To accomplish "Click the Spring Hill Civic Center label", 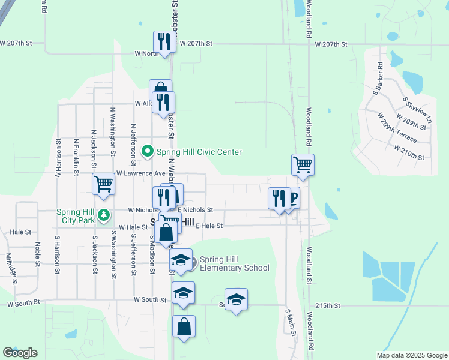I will coord(199,152).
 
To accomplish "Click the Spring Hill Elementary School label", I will coord(234,263).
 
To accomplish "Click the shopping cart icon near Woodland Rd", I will coord(303,163).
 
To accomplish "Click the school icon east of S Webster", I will coord(236,299).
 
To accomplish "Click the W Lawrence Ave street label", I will coord(140,173).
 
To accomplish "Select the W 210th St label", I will coord(408,157).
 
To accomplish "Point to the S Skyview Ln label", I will coord(418,110).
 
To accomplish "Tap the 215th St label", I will coord(328,305).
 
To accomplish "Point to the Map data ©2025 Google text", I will coord(411,355).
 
